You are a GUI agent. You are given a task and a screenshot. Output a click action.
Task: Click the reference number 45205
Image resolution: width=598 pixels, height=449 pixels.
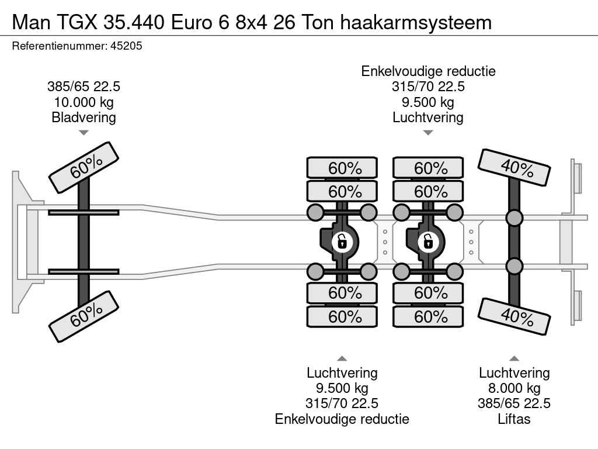tap(126, 46)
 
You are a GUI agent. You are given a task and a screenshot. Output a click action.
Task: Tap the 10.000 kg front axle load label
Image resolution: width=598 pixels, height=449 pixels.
tap(84, 102)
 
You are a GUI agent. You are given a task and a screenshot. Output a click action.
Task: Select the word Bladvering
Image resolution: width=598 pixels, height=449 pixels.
tap(84, 118)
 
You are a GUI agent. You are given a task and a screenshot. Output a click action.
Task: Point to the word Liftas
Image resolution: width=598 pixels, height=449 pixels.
tap(514, 419)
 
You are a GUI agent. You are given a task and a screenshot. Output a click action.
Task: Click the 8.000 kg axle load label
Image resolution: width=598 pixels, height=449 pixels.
tap(514, 388)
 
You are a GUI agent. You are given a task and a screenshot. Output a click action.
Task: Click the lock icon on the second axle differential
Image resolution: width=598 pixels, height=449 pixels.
tap(342, 241)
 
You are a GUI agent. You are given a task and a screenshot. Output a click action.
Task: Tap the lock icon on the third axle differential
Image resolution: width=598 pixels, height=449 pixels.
tap(427, 241)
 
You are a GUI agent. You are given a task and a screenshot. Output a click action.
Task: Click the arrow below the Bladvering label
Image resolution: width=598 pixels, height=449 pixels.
tap(84, 133)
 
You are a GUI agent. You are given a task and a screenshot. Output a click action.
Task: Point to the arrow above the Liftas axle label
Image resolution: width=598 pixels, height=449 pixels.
tap(514, 358)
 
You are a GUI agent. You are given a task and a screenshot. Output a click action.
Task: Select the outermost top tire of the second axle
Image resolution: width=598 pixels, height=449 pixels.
tap(342, 168)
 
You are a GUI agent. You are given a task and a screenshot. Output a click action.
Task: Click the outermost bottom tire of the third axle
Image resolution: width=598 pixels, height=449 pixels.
tap(428, 317)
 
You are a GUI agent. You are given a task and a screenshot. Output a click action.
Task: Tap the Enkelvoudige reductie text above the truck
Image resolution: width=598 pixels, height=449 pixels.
tap(428, 71)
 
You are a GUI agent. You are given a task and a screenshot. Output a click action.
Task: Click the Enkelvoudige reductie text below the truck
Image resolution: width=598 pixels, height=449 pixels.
tap(342, 419)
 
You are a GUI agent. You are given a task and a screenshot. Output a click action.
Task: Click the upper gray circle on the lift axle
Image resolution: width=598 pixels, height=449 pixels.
tap(514, 218)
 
